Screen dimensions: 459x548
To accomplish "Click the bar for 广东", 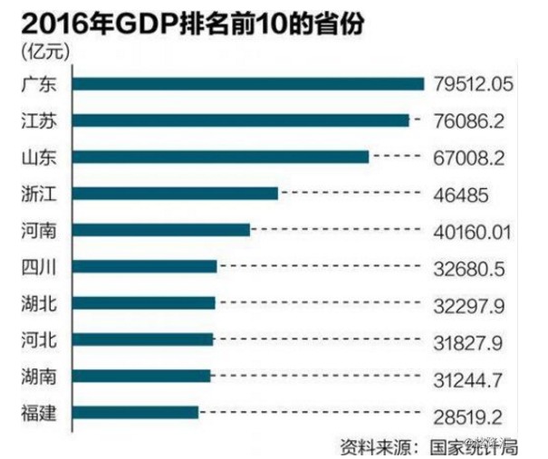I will point(247,84).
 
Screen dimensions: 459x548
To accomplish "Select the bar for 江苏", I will point(240,120).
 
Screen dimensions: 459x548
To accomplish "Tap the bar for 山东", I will point(220,157).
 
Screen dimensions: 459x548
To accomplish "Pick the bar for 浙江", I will point(174,193).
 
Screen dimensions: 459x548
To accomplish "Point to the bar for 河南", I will point(160,230).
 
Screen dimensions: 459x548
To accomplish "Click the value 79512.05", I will point(474,84).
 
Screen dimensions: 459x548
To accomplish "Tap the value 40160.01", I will point(474,230).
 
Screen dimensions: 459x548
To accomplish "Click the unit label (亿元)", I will point(36,53).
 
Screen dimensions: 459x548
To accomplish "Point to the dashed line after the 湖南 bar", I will point(317,377).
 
